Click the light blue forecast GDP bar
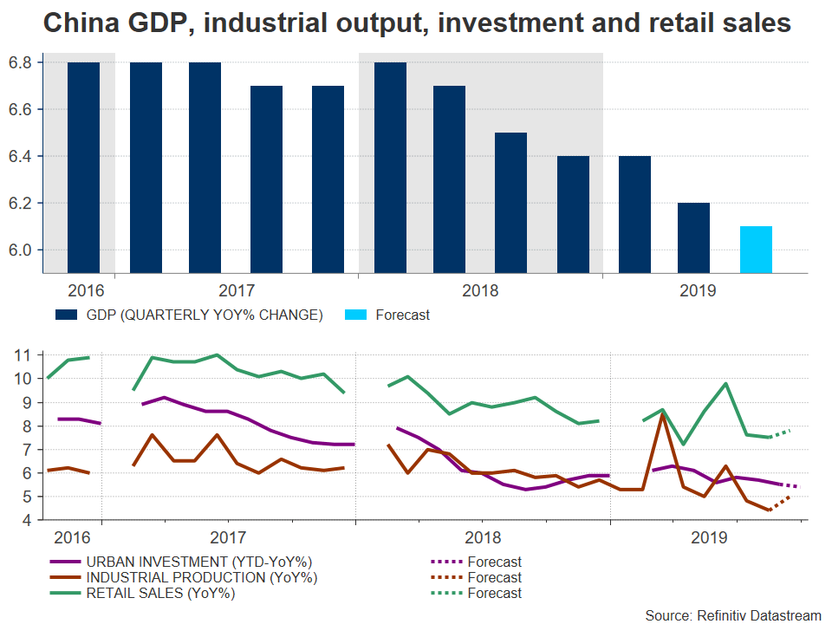[756, 250]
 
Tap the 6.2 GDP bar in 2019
[693, 237]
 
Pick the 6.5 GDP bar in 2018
[510, 203]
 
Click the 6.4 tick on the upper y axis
[20, 156]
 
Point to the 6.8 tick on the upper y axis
[20, 62]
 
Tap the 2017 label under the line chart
[226, 537]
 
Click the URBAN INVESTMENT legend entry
[200, 562]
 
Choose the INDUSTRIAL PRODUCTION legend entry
[201, 577]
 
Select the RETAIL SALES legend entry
[159, 593]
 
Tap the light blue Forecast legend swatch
[355, 315]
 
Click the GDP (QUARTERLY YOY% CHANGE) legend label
[203, 315]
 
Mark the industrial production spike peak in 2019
[662, 415]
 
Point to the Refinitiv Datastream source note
[732, 614]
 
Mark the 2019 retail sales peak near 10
[725, 383]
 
